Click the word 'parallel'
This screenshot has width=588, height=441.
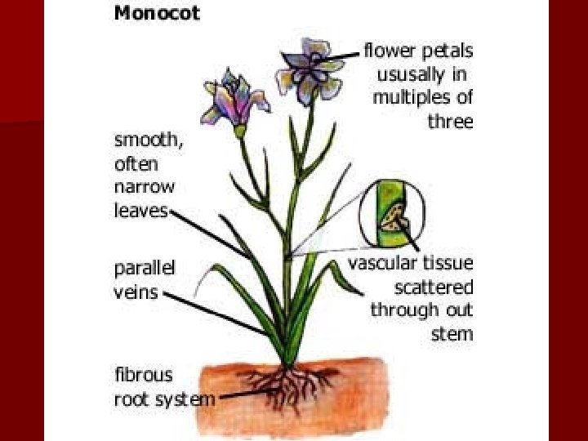tap(145, 269)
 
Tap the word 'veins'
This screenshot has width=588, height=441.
tap(135, 292)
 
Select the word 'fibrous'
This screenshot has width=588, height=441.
tap(143, 375)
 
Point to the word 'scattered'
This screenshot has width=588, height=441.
tap(434, 287)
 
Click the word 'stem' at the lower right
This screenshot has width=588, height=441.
tap(453, 333)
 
